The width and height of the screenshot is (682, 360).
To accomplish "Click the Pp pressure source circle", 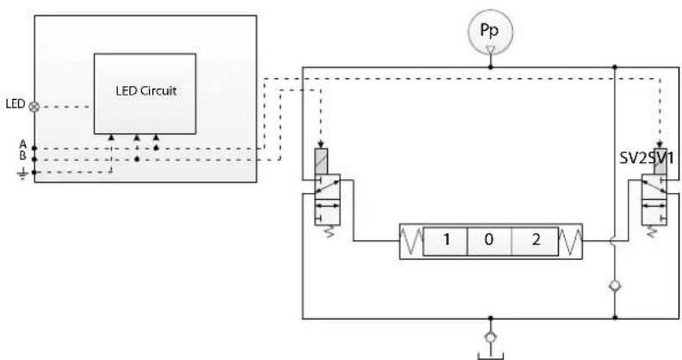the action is [490, 31].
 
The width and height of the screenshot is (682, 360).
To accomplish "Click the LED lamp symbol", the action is [34, 107].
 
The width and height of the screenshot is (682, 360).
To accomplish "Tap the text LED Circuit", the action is [146, 91].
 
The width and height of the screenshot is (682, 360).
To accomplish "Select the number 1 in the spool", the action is [446, 239].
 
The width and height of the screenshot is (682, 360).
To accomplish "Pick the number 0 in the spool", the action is [489, 239].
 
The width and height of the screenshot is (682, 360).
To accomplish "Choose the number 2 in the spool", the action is [536, 239].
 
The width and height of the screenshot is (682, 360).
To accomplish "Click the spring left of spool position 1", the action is [412, 241].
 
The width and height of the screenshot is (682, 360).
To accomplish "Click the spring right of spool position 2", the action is [570, 241].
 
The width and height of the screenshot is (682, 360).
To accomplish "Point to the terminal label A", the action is [22, 144].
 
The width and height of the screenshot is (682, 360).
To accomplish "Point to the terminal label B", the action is [22, 155].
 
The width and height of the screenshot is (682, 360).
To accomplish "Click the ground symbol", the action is [22, 175].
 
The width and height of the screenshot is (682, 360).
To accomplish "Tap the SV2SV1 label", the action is [653, 158].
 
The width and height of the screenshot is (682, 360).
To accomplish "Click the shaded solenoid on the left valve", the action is [321, 162].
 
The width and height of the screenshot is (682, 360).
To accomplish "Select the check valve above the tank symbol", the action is [491, 337].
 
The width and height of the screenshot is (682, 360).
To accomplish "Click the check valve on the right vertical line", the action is [615, 286].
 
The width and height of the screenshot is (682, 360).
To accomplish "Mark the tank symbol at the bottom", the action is [491, 357].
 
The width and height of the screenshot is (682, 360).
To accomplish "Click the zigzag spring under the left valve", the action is [329, 233].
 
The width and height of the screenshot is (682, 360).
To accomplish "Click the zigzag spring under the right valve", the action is [651, 233].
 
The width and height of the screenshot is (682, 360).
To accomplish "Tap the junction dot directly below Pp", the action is [491, 67].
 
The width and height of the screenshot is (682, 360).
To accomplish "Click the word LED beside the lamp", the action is [15, 104].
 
